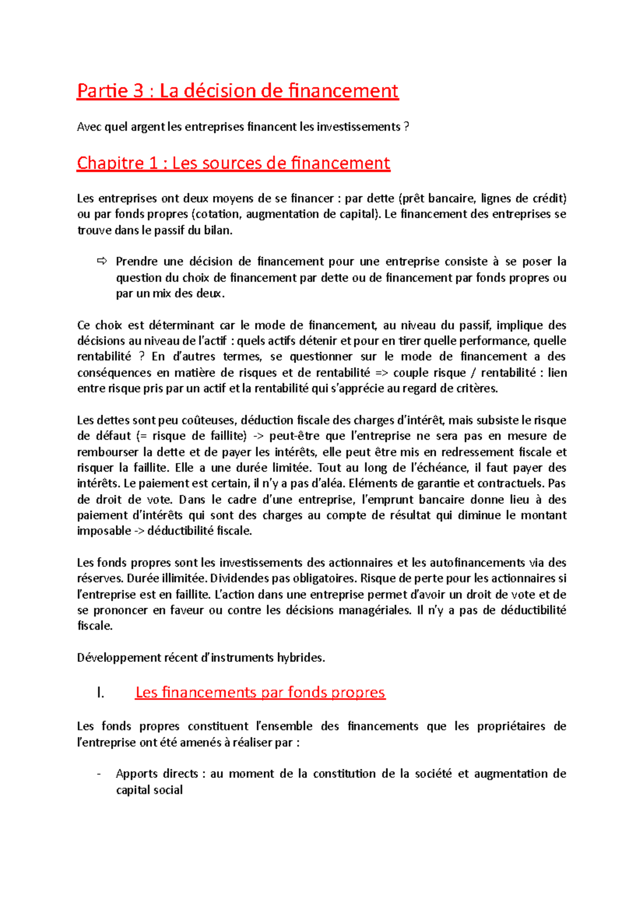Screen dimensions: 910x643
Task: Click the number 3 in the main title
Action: click(x=138, y=91)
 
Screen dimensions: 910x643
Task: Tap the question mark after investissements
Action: click(x=406, y=127)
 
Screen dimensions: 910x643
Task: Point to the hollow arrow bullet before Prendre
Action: click(x=102, y=261)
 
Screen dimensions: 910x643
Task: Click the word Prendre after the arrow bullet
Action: click(x=137, y=262)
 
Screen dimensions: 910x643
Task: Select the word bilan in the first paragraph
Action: click(x=220, y=230)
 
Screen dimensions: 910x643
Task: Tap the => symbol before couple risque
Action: click(x=382, y=372)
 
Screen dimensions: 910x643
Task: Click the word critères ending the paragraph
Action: click(x=477, y=389)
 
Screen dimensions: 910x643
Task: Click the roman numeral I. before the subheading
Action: click(x=100, y=692)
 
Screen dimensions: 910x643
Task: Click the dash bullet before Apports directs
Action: click(x=99, y=774)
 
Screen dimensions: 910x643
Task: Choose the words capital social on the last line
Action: click(x=149, y=790)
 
